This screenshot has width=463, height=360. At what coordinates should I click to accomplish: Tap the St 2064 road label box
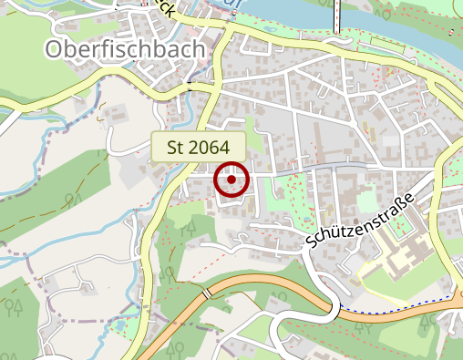pos(199,147)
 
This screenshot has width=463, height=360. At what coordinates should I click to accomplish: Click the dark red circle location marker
pos(231,180)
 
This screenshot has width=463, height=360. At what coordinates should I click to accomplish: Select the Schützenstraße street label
pos(362,221)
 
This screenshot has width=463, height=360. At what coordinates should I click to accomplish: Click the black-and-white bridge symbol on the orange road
pos(209,293)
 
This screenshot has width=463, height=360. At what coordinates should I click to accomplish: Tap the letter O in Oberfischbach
pos(55,49)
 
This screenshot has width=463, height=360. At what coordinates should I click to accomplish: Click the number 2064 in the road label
pos(211,147)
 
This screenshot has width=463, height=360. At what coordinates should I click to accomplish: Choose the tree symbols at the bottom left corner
pos(15,307)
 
